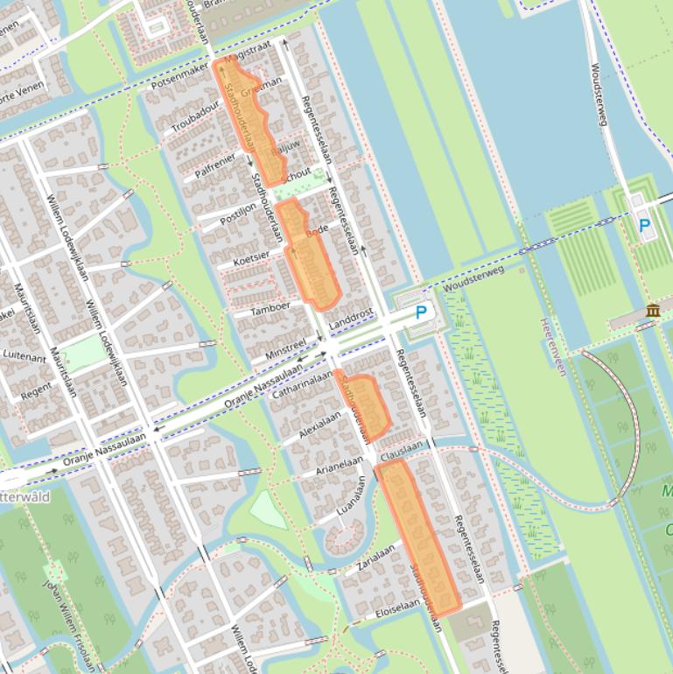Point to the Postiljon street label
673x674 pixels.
(x=238, y=213)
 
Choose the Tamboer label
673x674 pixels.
(x=270, y=308)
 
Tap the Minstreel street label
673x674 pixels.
(x=286, y=348)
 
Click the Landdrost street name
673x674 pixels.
(x=351, y=319)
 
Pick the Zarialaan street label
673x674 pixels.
(x=376, y=558)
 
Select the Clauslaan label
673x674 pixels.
(x=402, y=446)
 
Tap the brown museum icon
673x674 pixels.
(x=653, y=310)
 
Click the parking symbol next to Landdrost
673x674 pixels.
(x=421, y=312)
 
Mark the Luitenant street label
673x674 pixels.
(x=24, y=356)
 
